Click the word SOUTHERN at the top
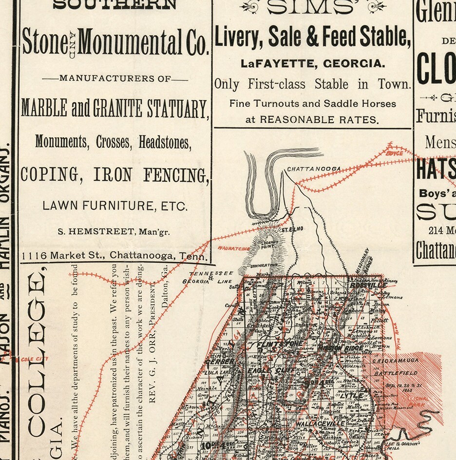[114, 5]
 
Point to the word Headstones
[165, 142]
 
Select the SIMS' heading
[312, 7]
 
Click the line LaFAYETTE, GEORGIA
[312, 63]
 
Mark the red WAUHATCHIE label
[233, 248]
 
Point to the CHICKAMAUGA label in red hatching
[394, 362]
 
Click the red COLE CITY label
[29, 359]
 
